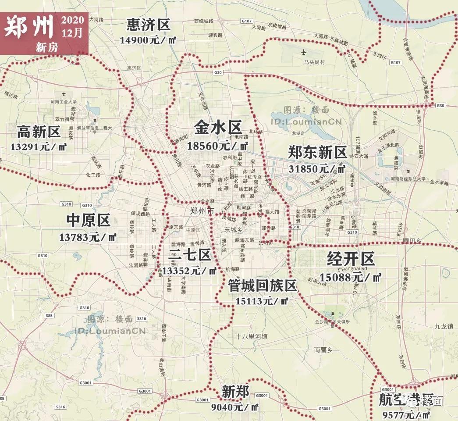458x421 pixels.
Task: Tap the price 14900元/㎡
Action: (x=148, y=39)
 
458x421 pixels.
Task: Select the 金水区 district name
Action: (x=218, y=128)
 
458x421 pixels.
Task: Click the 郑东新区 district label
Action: (x=317, y=153)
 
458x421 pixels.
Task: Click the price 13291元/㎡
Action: (x=39, y=146)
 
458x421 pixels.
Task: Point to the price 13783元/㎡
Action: (x=88, y=237)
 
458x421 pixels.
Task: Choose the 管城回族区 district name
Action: (x=262, y=286)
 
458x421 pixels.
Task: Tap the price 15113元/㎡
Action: (x=262, y=301)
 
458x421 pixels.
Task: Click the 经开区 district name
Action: (x=351, y=260)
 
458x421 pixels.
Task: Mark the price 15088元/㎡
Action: (x=351, y=277)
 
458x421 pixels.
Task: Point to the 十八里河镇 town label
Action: (x=252, y=337)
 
